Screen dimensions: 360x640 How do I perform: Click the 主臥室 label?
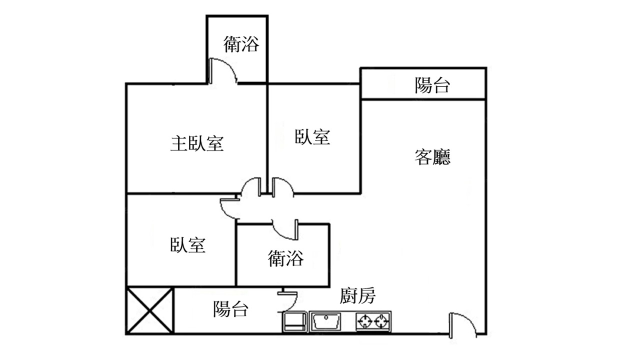[x=196, y=144]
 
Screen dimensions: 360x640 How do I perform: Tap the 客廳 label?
[x=432, y=156]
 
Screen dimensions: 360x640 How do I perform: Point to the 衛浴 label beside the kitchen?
[x=286, y=258]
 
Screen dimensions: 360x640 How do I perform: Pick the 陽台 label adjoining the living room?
[x=432, y=85]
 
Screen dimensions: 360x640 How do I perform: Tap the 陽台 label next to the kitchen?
[x=230, y=308]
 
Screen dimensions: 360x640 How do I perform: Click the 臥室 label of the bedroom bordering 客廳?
[x=312, y=136]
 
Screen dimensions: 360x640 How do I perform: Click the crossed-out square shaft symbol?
[x=149, y=310]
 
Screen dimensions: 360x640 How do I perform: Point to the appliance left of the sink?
[x=295, y=321]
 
